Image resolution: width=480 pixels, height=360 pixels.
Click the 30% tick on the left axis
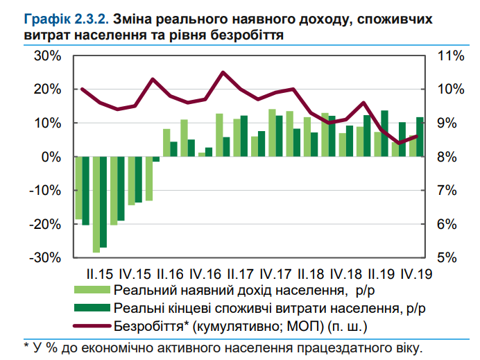click(46, 56)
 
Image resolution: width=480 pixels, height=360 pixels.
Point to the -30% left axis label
click(44, 257)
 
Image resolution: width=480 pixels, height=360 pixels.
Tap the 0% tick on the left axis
click(51, 157)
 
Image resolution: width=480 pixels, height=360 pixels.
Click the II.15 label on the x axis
click(101, 273)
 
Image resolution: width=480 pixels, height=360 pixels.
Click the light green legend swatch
click(90, 290)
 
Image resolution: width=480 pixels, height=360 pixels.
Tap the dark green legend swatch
click(90, 307)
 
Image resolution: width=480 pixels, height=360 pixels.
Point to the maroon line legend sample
click(90, 325)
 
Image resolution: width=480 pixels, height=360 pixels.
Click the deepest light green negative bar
click(96, 205)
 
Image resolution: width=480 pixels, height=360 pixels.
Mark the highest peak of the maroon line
click(223, 72)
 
